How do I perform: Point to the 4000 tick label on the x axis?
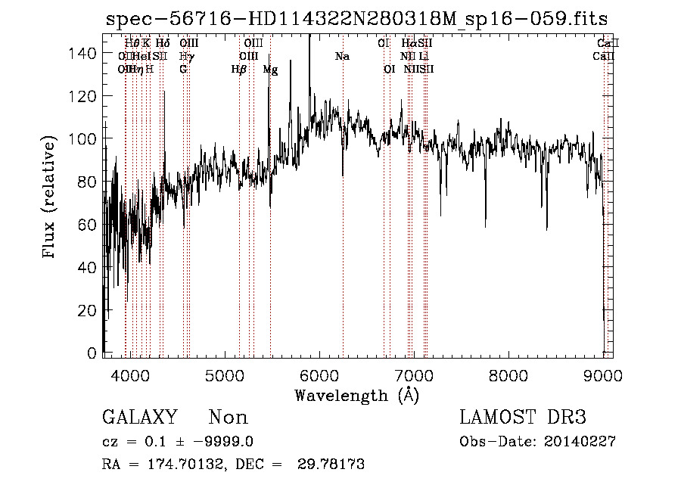132,377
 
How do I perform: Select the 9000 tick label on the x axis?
602,377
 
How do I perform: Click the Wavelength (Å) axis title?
356,396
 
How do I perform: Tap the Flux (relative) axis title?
50,197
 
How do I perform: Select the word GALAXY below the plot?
139,418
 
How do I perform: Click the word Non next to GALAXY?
228,418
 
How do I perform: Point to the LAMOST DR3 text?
523,418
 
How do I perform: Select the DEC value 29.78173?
333,465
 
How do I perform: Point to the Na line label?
342,56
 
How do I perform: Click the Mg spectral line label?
270,70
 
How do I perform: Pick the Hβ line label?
239,70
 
